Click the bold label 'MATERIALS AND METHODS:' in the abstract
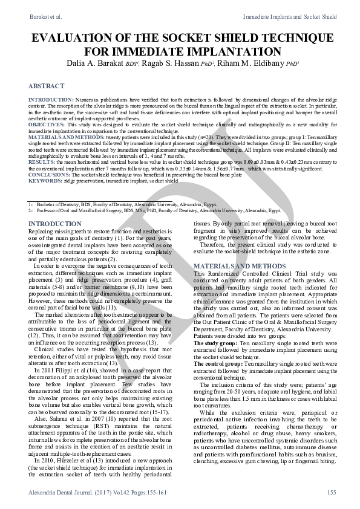pyautogui.click(x=59, y=137)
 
